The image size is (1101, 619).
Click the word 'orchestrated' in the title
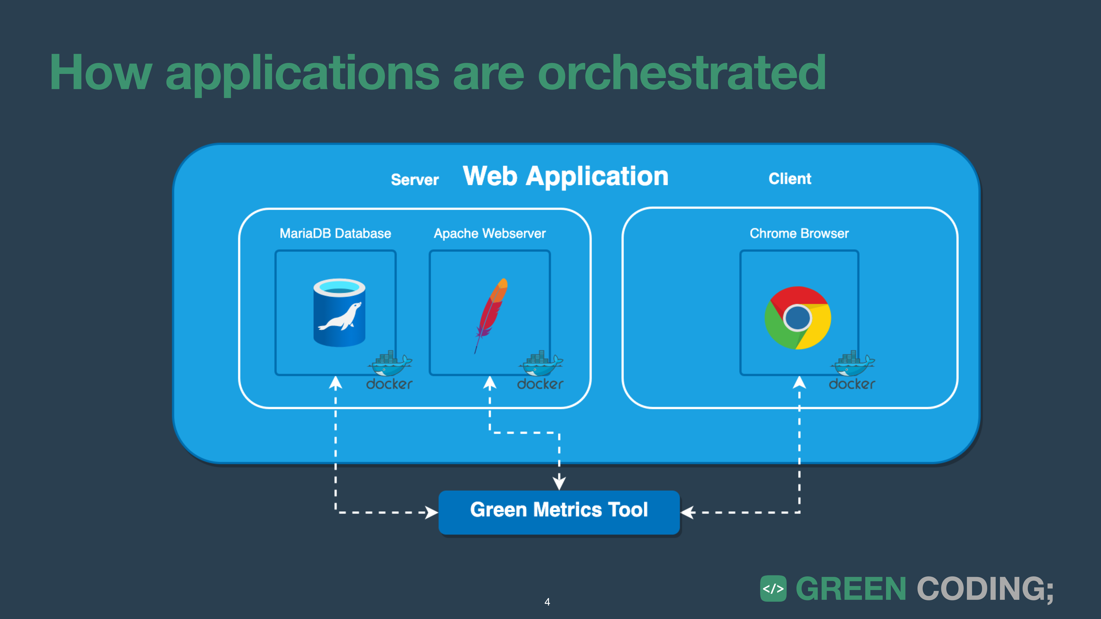681,73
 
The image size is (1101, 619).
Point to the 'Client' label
789,179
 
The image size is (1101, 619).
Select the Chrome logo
798,318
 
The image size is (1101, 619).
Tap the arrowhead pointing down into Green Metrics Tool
559,483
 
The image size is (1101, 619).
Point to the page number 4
547,602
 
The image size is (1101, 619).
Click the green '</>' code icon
773,589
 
